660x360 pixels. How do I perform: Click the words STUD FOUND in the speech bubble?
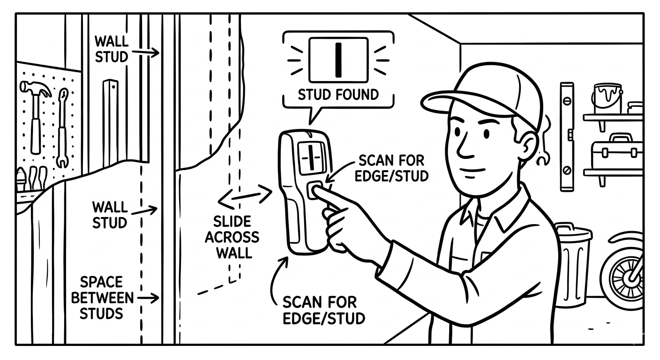coord(338,95)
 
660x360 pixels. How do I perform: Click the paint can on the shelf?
coord(607,97)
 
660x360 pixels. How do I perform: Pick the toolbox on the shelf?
coord(610,152)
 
